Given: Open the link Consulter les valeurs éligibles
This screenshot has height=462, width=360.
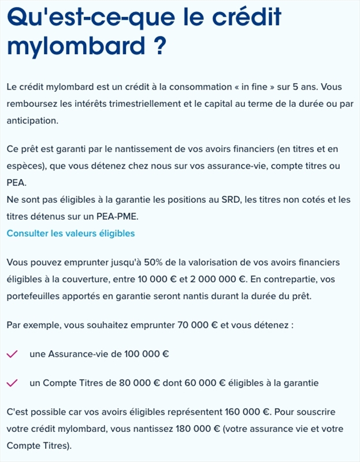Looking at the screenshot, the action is click(x=70, y=233).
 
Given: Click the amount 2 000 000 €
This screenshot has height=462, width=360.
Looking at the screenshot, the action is click(x=209, y=279).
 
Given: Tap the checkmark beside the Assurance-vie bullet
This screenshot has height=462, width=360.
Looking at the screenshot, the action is click(x=12, y=354).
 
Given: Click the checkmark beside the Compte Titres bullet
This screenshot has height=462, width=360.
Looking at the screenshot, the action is click(x=12, y=383).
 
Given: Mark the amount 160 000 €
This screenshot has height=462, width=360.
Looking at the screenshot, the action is click(x=247, y=412).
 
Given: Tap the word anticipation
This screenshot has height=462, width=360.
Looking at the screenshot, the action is click(x=32, y=121).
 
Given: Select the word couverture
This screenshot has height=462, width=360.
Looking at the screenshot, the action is click(x=93, y=279).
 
